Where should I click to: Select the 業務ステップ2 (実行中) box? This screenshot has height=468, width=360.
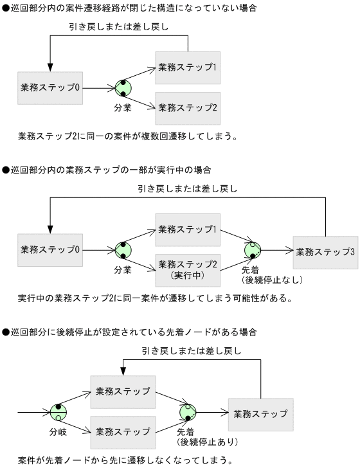(188, 269)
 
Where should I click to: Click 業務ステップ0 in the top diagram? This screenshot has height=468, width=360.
(50, 87)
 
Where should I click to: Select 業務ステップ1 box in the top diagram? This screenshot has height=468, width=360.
(188, 67)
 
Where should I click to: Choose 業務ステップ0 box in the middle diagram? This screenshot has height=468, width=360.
(50, 249)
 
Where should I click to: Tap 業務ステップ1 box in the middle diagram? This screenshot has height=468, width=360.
(188, 230)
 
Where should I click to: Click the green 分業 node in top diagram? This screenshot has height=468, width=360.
(123, 89)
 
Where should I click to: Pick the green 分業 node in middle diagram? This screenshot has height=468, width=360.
(123, 250)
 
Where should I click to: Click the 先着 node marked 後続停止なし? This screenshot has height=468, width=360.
(253, 251)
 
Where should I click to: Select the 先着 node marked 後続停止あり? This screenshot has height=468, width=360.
(188, 412)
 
